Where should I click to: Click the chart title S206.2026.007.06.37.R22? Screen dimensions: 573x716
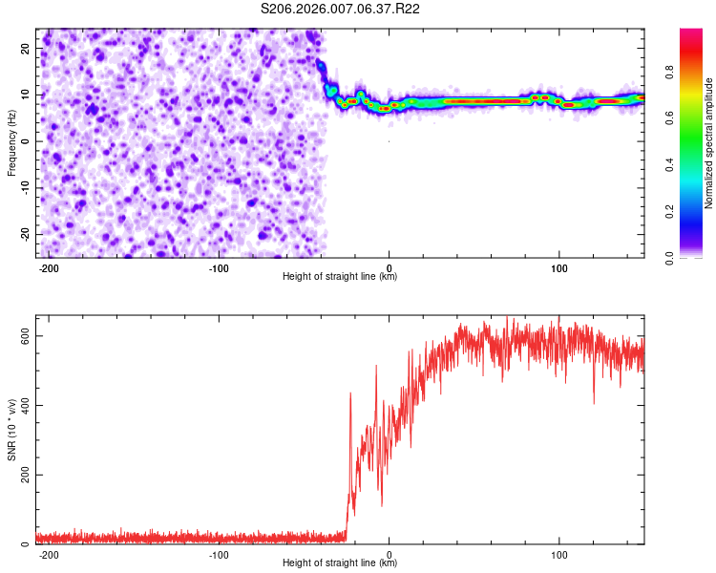(341, 9)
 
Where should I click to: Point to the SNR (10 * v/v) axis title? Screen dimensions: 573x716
(11, 430)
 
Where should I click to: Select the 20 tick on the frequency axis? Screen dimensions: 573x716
(25, 47)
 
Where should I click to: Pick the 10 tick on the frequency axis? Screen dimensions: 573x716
(25, 94)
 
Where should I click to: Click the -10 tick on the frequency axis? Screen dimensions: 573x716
(23, 187)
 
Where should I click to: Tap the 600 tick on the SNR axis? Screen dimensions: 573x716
(22, 336)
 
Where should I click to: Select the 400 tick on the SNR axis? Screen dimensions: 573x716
(22, 406)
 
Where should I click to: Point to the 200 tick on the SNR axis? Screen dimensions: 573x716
(22, 475)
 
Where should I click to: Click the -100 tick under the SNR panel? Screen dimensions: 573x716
(219, 555)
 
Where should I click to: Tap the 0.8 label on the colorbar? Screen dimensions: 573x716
(669, 70)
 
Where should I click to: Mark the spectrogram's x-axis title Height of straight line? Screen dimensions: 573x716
(340, 277)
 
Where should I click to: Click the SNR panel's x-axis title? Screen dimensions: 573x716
(340, 563)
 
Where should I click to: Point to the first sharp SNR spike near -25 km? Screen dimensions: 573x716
(350, 393)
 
